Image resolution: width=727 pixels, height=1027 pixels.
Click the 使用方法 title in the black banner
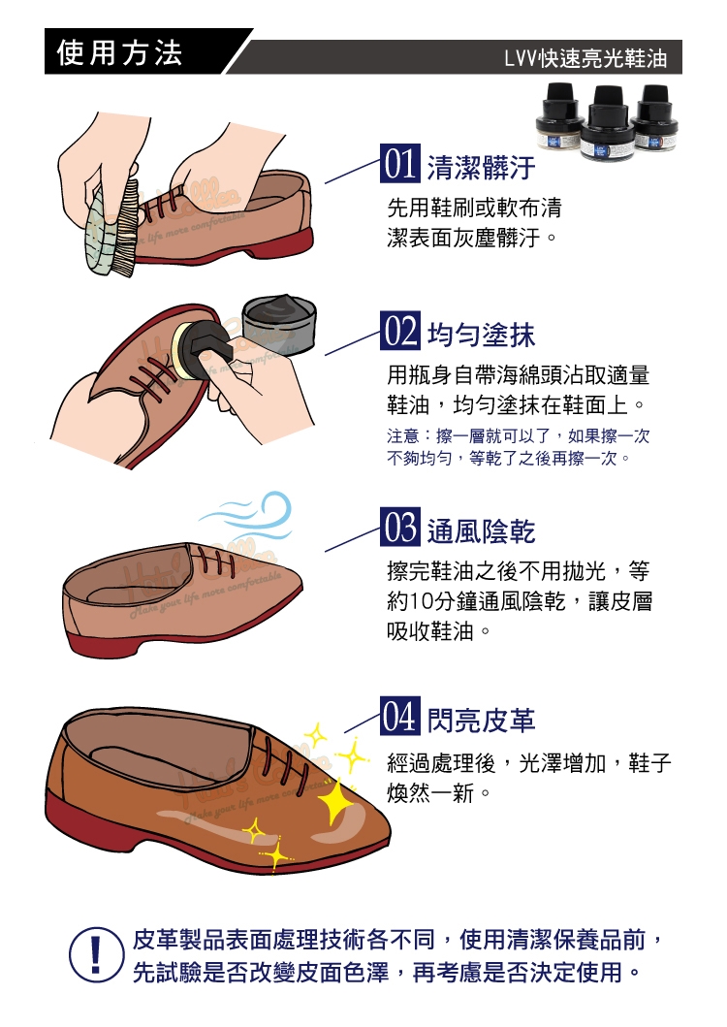pos(119,52)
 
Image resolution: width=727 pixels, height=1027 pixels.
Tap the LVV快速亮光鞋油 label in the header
pos(585,59)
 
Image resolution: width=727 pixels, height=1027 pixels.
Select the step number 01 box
pos(399,163)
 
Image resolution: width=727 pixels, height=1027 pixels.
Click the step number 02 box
pos(399,330)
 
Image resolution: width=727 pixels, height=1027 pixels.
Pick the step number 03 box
pos(399,527)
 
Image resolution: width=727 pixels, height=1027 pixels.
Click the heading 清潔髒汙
pos(482,168)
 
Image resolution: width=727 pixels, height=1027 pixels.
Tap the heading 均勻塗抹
pos(482,335)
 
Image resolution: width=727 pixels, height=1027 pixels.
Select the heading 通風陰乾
pos(482,531)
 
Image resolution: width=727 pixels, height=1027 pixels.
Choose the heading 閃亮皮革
pos(482,721)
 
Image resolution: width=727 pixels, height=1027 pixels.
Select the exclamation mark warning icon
pos(96,954)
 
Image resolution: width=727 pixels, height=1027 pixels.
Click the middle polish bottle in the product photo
pos(607,124)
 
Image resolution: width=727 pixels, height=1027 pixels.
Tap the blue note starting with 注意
pos(518,447)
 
